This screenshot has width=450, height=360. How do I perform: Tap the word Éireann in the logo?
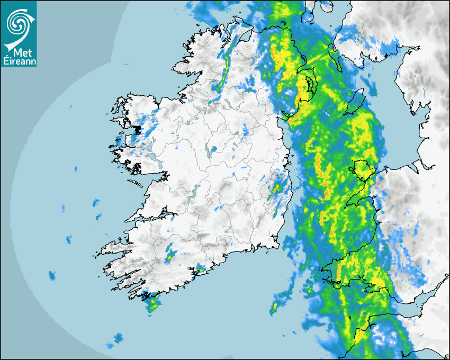[x=18, y=61]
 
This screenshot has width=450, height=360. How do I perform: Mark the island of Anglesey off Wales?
[x=362, y=169]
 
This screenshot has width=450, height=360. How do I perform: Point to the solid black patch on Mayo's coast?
[x=137, y=129]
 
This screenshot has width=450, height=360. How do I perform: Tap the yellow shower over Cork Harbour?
[x=201, y=268]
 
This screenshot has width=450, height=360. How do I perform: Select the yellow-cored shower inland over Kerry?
[x=169, y=256]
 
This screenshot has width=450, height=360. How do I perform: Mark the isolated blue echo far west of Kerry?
[x=52, y=275]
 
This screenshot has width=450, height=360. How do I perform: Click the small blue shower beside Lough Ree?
[x=213, y=149]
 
